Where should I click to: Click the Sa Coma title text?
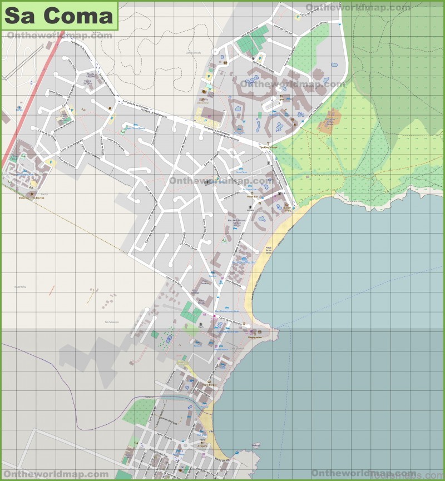point(58,16)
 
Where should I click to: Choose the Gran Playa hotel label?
point(240,172)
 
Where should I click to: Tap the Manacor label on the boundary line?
point(149,397)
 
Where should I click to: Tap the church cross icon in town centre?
point(208,182)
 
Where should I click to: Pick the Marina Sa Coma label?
point(88,82)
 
